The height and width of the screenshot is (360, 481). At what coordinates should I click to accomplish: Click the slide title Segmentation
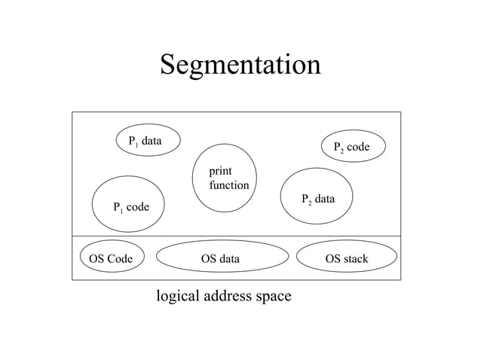(240, 65)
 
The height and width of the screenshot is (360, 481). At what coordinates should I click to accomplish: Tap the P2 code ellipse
(354, 145)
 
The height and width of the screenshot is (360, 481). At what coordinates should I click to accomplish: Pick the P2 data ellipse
(317, 197)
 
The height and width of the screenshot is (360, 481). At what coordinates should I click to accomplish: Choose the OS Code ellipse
(111, 259)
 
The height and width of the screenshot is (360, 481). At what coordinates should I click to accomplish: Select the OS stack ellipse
(346, 259)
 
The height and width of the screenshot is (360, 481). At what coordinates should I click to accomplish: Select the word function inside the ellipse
(229, 185)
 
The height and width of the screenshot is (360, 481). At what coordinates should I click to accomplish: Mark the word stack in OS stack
(354, 259)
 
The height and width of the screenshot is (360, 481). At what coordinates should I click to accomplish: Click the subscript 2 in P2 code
(341, 151)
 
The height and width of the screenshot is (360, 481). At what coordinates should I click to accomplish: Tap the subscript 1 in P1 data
(136, 143)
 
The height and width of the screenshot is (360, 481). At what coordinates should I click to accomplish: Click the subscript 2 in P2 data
(309, 203)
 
